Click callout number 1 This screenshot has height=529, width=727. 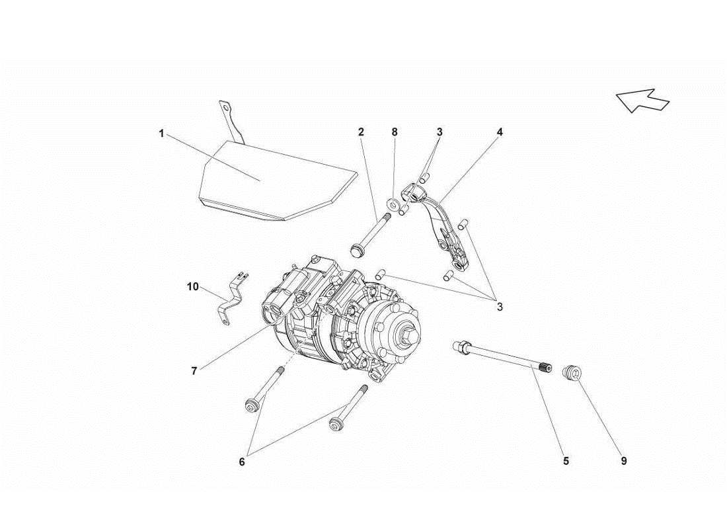(x=161, y=133)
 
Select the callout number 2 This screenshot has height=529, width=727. (x=361, y=132)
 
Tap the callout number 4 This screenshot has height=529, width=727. (x=500, y=132)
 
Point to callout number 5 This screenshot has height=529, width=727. (x=566, y=461)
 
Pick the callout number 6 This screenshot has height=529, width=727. (x=242, y=462)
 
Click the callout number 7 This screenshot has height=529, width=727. (x=194, y=371)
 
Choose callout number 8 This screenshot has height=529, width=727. (x=395, y=132)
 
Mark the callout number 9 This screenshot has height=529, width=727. (x=623, y=461)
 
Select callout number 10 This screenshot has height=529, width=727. (x=192, y=286)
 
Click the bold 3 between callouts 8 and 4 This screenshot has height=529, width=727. (x=439, y=132)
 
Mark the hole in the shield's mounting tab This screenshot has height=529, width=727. (x=226, y=107)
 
